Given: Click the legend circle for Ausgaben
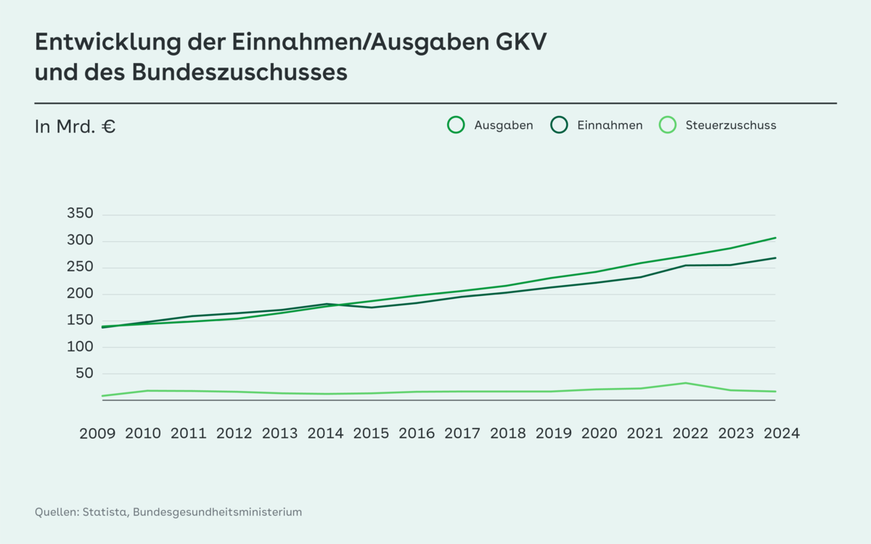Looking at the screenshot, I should point(456,125).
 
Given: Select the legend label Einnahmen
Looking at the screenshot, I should point(610,125).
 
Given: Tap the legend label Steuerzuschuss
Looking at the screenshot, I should point(730,125).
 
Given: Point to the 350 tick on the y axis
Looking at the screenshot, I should point(80,214).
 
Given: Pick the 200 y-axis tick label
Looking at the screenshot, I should point(80,294).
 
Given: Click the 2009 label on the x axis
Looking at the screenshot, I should point(97,434).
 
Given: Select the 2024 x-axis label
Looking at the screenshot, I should point(781,434).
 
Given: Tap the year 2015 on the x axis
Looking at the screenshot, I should point(371,434).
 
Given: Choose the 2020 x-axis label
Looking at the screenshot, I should point(599,434).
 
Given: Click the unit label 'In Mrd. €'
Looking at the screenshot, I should point(75,126).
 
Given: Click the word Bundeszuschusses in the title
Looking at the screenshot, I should point(240,73).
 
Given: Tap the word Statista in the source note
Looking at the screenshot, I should point(107,512).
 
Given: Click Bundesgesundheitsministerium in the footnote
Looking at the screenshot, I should point(217,512).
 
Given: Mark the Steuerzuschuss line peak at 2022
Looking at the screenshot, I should point(684,383).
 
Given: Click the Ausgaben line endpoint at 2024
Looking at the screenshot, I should point(775,238).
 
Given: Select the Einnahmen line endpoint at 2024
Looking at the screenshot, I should point(775,258).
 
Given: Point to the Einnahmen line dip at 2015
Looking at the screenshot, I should point(371,308).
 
